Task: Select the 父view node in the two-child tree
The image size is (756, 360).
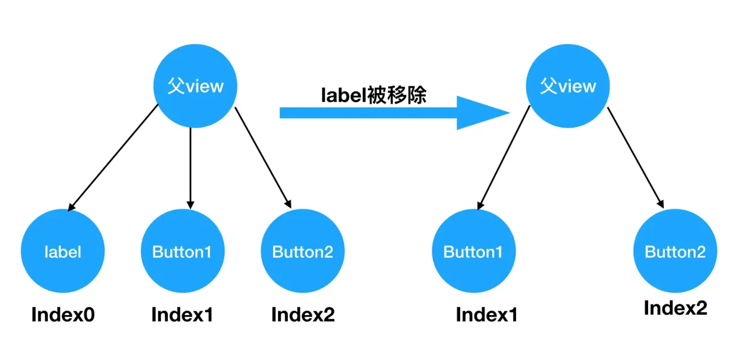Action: click(x=568, y=86)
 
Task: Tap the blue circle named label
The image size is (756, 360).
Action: click(x=62, y=251)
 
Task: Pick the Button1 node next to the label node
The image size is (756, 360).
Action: click(x=182, y=251)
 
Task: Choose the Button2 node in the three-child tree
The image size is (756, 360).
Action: click(x=303, y=251)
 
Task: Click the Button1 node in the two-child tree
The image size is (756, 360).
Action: click(x=474, y=251)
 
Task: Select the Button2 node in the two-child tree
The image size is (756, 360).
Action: click(x=675, y=251)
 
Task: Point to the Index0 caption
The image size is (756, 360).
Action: click(x=63, y=315)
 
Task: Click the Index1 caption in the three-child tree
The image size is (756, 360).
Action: click(x=182, y=315)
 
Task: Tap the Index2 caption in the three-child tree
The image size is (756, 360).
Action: click(x=303, y=315)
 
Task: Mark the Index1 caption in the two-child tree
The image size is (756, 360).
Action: click(x=487, y=315)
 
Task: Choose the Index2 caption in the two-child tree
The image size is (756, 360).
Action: click(x=675, y=308)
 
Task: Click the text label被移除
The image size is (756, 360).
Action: click(x=373, y=95)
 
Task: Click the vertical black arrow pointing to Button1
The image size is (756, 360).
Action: click(x=191, y=166)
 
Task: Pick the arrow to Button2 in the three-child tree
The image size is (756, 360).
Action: click(x=263, y=157)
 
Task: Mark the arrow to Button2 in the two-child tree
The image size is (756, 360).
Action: click(x=635, y=157)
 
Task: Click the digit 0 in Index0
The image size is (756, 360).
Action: click(x=89, y=315)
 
